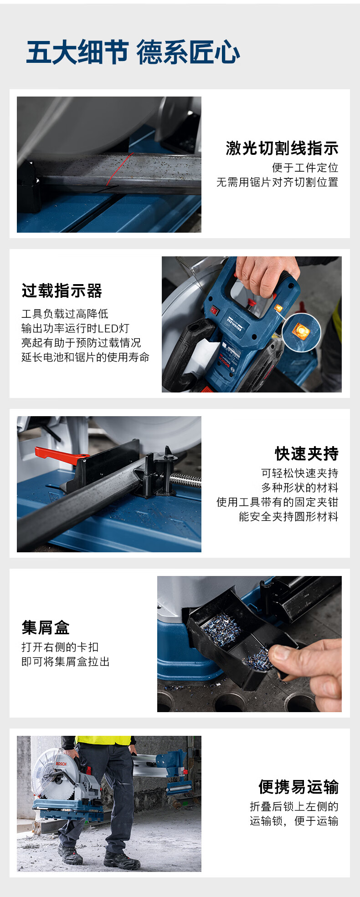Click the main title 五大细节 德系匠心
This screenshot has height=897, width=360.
tap(133, 52)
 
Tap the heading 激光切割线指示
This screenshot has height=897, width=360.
tap(282, 148)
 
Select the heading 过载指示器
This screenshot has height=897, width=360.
tap(62, 291)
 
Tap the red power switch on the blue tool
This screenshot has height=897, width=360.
tap(214, 311)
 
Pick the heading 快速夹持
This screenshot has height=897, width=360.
tap(307, 454)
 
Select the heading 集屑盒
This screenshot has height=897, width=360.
tap(46, 627)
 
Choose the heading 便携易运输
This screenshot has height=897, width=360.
tap(298, 787)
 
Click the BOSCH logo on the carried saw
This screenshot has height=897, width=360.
tap(61, 764)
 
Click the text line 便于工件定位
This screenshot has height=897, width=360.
tap(305, 168)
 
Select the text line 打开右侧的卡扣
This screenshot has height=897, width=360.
tap(60, 647)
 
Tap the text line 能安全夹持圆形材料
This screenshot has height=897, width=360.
tap(288, 516)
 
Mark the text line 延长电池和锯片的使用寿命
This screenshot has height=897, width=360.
tap(85, 357)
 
